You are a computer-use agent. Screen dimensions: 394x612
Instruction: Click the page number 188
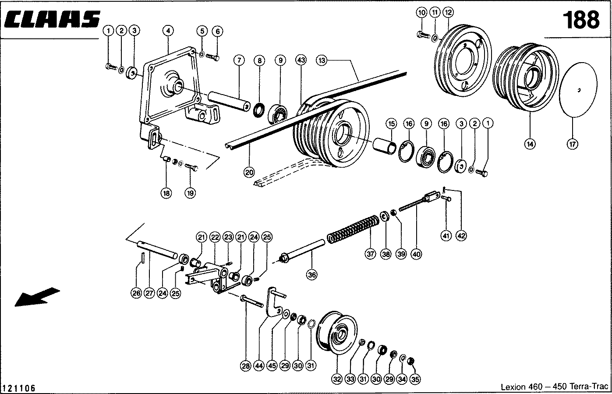580,20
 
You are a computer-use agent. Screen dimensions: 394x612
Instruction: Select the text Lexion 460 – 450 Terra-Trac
555,387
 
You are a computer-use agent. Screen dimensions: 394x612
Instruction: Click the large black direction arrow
37,297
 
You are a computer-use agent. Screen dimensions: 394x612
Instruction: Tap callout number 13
322,60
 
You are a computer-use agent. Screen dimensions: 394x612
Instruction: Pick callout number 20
249,172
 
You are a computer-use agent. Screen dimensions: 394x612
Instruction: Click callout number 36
312,274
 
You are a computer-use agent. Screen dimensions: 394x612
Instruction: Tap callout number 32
336,380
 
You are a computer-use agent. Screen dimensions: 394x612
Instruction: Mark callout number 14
530,144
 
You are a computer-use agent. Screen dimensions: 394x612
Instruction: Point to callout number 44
258,367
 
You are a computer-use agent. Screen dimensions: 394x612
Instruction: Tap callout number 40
416,254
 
